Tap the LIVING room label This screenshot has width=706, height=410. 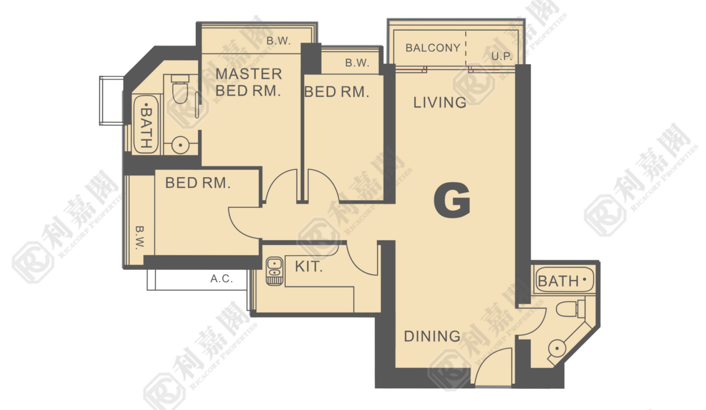440,102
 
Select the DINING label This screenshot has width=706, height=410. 432,336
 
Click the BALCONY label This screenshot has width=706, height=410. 433,48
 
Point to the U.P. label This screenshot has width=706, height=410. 502,56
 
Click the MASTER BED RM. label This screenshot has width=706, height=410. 248,82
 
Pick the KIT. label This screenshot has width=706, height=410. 309,266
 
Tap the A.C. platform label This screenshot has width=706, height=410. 221,278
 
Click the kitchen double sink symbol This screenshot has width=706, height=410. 275,271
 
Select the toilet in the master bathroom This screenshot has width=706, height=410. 180,89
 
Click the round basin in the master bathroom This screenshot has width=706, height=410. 180,145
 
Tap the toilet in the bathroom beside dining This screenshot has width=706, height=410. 570,309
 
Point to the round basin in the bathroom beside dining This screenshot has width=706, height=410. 557,348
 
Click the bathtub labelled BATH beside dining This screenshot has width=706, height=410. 564,280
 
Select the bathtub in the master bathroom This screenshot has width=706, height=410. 146,124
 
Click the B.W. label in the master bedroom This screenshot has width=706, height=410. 278,41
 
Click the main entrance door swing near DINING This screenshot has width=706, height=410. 492,366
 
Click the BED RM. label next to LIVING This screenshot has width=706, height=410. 336,92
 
